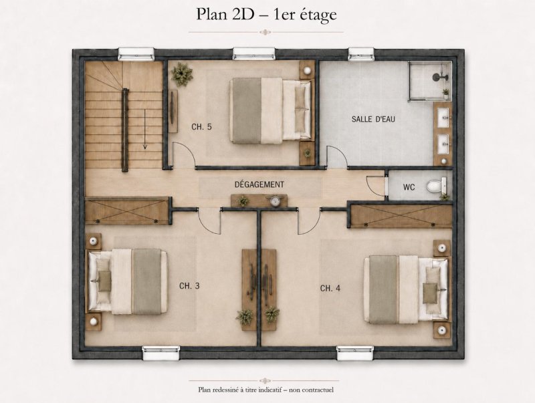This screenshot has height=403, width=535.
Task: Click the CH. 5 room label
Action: point(202,127)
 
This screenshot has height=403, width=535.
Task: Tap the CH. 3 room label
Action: point(189,286)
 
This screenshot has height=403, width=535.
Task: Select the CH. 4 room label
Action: point(330,289)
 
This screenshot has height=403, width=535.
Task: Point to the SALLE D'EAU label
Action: point(373,119)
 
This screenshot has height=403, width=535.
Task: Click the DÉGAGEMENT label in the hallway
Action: point(259,184)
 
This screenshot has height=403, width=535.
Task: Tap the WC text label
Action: point(409,187)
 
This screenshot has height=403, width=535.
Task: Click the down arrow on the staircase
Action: point(144,129)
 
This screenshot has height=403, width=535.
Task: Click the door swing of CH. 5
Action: point(184,154)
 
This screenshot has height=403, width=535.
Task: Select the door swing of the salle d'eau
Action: point(337,156)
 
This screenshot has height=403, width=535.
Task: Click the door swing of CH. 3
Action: point(209,221)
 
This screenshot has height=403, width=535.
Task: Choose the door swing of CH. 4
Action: point(309,221)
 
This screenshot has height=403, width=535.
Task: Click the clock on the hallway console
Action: point(275,200)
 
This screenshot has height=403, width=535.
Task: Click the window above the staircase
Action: point(136,54)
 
